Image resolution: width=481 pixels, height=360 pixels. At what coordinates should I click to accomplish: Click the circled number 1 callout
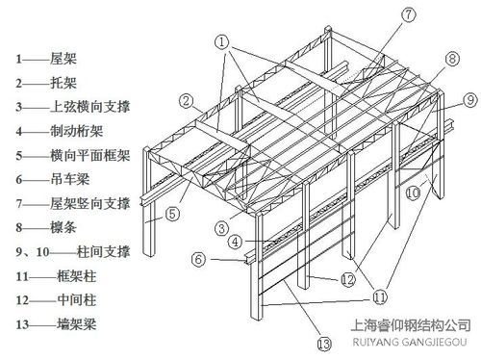click(222, 41)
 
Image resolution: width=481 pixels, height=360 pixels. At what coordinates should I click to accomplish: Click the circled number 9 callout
click(469, 99)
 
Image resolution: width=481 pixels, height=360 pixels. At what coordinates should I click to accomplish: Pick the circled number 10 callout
click(413, 193)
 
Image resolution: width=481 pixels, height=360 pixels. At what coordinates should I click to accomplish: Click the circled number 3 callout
click(222, 228)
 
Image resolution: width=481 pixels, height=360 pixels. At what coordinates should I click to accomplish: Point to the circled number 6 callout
click(198, 258)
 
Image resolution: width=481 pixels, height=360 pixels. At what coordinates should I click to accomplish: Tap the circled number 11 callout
click(382, 296)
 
